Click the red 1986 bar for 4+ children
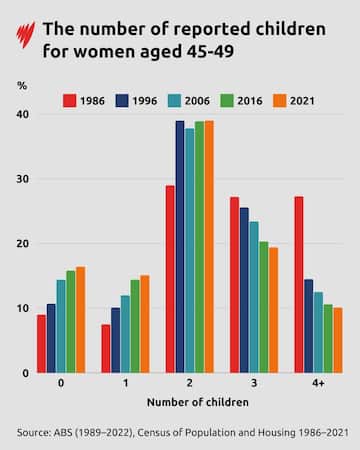(299, 285)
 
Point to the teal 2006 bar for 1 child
(125, 334)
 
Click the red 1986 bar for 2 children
(170, 279)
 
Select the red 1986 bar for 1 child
(105, 348)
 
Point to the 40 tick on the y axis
(22, 115)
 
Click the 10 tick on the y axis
(22, 308)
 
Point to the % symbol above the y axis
(22, 87)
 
